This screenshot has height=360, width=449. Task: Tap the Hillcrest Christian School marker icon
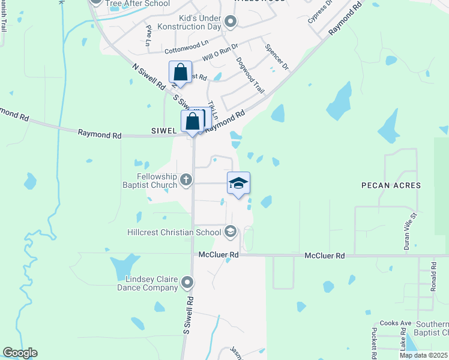point(231,232)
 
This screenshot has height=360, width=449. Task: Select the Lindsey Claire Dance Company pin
point(188,282)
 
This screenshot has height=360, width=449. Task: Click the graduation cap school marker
point(238,184)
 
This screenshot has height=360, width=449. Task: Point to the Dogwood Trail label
point(250,74)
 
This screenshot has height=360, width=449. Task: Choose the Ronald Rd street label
point(433,277)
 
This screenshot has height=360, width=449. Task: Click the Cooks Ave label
point(397,323)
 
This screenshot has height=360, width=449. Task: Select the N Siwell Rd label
point(147,77)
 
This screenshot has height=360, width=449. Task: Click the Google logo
point(20,353)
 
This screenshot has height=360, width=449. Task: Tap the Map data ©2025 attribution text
point(423,355)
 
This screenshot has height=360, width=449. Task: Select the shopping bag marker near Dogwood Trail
point(180,73)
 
